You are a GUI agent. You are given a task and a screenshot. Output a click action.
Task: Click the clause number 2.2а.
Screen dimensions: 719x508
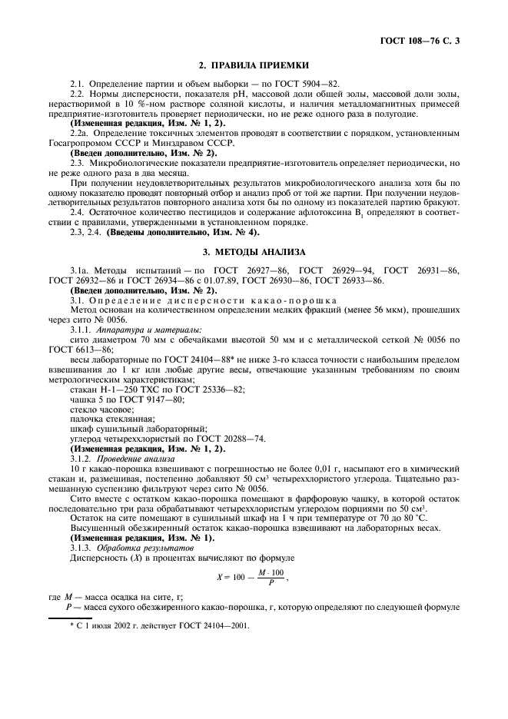tap(81, 132)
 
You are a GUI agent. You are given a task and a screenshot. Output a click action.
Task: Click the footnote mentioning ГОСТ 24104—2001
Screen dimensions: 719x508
tap(159, 625)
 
